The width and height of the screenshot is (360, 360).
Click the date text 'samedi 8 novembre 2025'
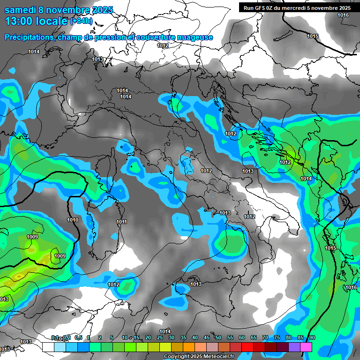click(59, 10)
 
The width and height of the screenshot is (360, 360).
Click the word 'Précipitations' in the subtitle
click(29, 37)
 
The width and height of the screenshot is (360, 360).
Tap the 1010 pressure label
click(73, 220)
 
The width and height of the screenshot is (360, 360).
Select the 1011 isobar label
click(122, 222)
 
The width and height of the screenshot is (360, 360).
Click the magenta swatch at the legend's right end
click(306, 347)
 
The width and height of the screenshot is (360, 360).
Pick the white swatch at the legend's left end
click(48, 347)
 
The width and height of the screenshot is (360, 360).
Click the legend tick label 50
click(218, 338)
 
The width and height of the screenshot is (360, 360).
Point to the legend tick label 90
click(312, 338)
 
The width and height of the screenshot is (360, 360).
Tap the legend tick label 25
click(160, 338)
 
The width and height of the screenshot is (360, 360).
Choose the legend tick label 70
click(265, 338)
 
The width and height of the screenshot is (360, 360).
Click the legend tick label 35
click(183, 338)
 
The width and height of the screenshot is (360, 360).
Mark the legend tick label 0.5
click(78, 338)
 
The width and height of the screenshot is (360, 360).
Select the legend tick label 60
click(242, 338)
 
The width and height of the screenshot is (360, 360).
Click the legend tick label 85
click(300, 338)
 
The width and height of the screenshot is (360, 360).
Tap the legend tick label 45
click(207, 338)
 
